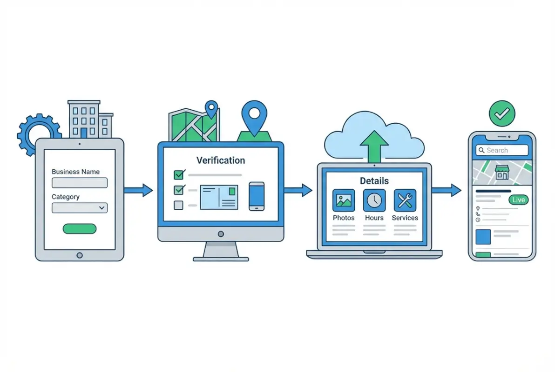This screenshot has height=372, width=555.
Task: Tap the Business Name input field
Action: (x=80, y=183)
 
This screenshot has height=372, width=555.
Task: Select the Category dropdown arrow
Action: (x=102, y=207)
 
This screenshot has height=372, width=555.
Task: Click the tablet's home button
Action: (x=80, y=255)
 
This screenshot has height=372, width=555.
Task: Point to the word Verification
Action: (x=221, y=160)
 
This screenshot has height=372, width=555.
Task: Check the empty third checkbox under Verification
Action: (x=179, y=205)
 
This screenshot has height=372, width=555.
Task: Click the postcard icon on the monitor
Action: (x=219, y=197)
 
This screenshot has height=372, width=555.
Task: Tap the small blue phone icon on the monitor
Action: (x=257, y=196)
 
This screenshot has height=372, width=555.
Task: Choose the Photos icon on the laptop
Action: (x=344, y=200)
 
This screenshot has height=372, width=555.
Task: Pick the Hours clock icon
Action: (x=374, y=200)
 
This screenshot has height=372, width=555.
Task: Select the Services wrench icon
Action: (x=405, y=200)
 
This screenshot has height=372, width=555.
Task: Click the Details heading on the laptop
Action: (x=374, y=181)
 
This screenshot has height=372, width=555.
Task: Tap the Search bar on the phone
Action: (x=502, y=150)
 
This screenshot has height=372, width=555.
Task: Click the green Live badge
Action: (x=519, y=200)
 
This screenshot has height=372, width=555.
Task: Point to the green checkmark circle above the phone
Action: (x=502, y=113)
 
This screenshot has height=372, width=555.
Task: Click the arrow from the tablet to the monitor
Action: (x=138, y=190)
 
